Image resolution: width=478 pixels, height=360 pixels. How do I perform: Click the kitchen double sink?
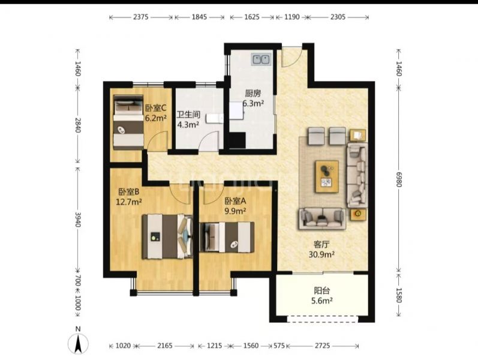coord(261,59)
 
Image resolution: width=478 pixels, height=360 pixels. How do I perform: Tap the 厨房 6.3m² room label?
coord(253,98)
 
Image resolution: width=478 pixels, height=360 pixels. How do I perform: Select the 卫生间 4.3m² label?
coord(188,119)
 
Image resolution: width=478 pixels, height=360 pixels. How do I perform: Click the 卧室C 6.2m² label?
coord(155,113)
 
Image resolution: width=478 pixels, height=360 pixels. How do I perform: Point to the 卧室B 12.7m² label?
coord(129,196)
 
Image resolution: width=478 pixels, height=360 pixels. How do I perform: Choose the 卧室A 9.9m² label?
coord(235,206)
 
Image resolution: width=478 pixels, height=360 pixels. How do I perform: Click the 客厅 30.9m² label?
coord(321,249)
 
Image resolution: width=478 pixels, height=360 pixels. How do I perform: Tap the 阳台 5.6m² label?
coord(321,296)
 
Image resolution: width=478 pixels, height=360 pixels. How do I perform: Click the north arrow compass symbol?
coord(78,343)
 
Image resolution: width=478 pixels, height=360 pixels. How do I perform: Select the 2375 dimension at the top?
coord(141,17)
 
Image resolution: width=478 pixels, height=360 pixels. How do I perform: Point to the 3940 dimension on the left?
coord(78,220)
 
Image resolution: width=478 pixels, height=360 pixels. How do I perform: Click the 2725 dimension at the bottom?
coord(323,346)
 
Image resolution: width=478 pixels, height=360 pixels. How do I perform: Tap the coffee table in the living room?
coord(327,176)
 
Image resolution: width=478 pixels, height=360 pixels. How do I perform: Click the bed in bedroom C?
coord(128,122)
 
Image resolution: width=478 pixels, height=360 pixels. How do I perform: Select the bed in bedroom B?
coord(168,236)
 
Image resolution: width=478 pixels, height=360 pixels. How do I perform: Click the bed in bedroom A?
coord(227,237)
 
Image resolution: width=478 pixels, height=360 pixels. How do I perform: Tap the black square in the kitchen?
coord(238,140)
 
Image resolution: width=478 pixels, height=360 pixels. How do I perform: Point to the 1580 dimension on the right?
coord(399,295)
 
